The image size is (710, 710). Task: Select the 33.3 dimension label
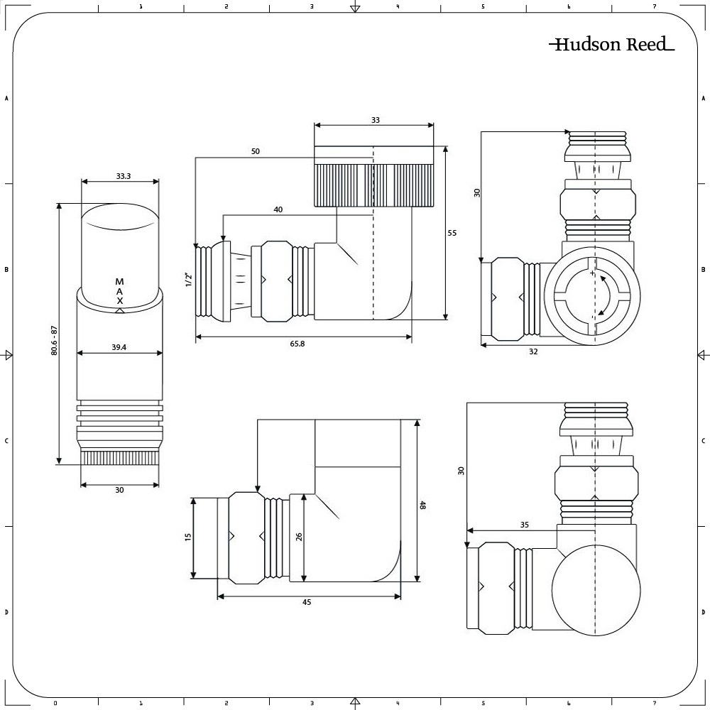click(123, 176)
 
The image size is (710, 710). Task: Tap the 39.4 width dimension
click(119, 347)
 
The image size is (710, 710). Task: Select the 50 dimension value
click(255, 151)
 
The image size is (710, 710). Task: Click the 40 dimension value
click(278, 209)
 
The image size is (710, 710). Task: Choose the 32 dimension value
click(532, 351)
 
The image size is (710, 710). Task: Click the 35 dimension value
click(525, 525)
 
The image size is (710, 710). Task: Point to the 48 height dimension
click(422, 506)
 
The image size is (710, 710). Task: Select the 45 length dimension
click(307, 602)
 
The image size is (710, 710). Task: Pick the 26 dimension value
click(299, 537)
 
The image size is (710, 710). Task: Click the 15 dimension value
click(188, 537)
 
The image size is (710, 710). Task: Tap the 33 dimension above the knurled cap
click(375, 120)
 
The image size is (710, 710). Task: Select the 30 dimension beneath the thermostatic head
click(119, 490)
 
